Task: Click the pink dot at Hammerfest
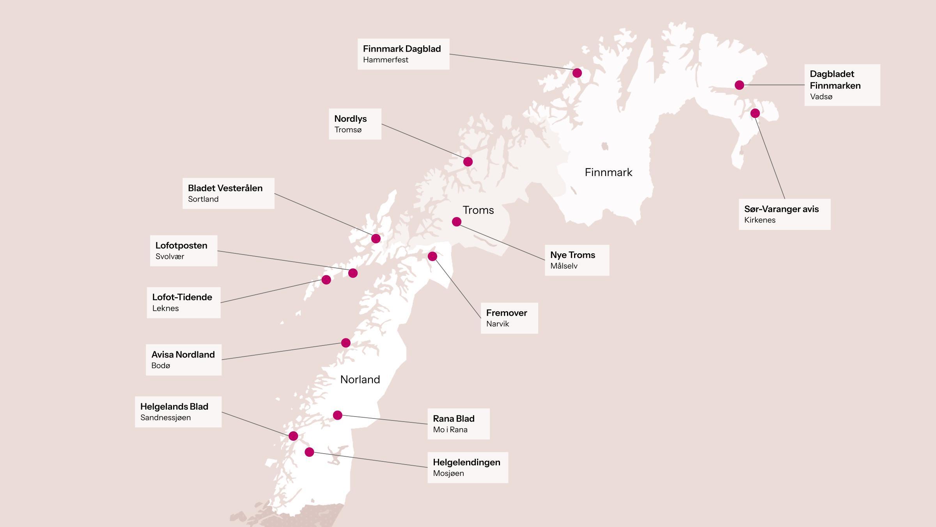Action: click(x=577, y=73)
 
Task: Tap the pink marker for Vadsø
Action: click(x=739, y=85)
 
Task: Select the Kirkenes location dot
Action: click(x=755, y=113)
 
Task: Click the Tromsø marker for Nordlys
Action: click(x=468, y=162)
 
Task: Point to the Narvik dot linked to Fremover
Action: click(x=432, y=256)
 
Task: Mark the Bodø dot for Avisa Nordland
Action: click(x=346, y=343)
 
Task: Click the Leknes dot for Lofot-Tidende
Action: click(x=326, y=280)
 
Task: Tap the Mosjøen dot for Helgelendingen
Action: click(x=309, y=452)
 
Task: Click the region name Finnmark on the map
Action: click(x=608, y=172)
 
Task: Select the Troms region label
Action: click(x=478, y=210)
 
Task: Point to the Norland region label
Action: click(x=360, y=379)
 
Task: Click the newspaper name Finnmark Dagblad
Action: click(x=402, y=49)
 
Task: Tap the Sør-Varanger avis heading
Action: click(x=781, y=209)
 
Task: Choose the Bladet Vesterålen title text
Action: click(x=225, y=188)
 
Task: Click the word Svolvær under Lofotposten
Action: click(x=170, y=256)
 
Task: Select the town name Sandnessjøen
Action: click(x=165, y=417)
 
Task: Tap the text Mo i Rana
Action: click(x=450, y=429)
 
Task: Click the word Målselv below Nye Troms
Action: click(x=564, y=266)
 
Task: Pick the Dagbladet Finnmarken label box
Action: click(x=842, y=85)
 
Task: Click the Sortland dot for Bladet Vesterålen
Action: click(x=376, y=239)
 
